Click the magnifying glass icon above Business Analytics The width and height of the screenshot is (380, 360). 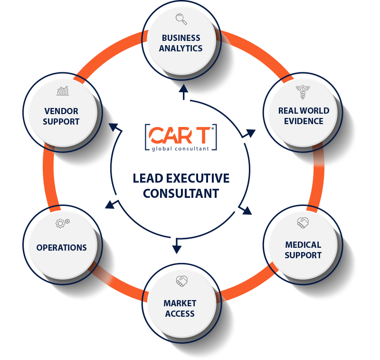click(x=181, y=19)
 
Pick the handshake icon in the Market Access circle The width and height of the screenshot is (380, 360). click(x=181, y=281)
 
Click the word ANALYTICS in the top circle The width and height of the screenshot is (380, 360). click(x=180, y=49)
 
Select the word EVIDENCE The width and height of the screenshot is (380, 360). click(x=303, y=121)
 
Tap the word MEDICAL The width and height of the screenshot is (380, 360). click(x=303, y=245)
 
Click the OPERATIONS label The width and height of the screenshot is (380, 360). click(x=62, y=248)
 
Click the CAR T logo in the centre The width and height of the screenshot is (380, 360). click(x=180, y=135)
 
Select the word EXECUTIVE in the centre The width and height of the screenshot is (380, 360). click(x=199, y=179)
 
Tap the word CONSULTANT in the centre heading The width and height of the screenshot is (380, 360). click(x=180, y=194)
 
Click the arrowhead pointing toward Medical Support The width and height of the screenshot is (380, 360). click(x=247, y=211)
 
